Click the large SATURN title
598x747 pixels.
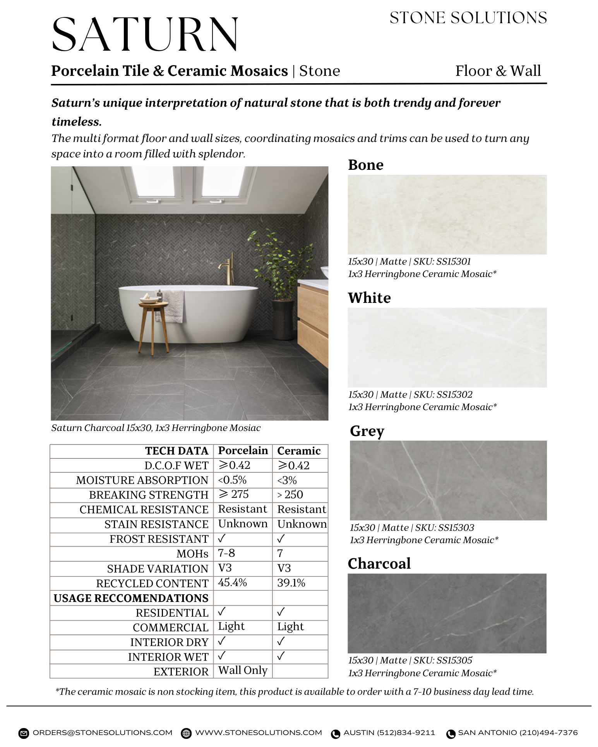coord(145,35)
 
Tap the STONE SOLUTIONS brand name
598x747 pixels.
coord(468,18)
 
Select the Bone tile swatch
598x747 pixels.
coord(447,215)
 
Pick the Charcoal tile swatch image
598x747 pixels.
coord(447,613)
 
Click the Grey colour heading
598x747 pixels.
coord(367,431)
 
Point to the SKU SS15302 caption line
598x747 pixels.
coord(410,395)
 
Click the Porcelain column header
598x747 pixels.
coord(243,451)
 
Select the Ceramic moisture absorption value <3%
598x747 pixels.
coord(287,480)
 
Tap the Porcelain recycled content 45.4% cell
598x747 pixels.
coord(232,583)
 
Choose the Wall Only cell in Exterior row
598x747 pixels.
coord(243,670)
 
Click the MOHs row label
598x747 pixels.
coord(192,554)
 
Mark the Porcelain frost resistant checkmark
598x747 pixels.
coord(222,538)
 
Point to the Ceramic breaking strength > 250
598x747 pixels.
coord(290,495)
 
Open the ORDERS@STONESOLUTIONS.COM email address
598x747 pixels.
coord(102,733)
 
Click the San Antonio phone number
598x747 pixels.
coord(517,733)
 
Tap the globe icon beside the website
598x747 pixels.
coord(187,733)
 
